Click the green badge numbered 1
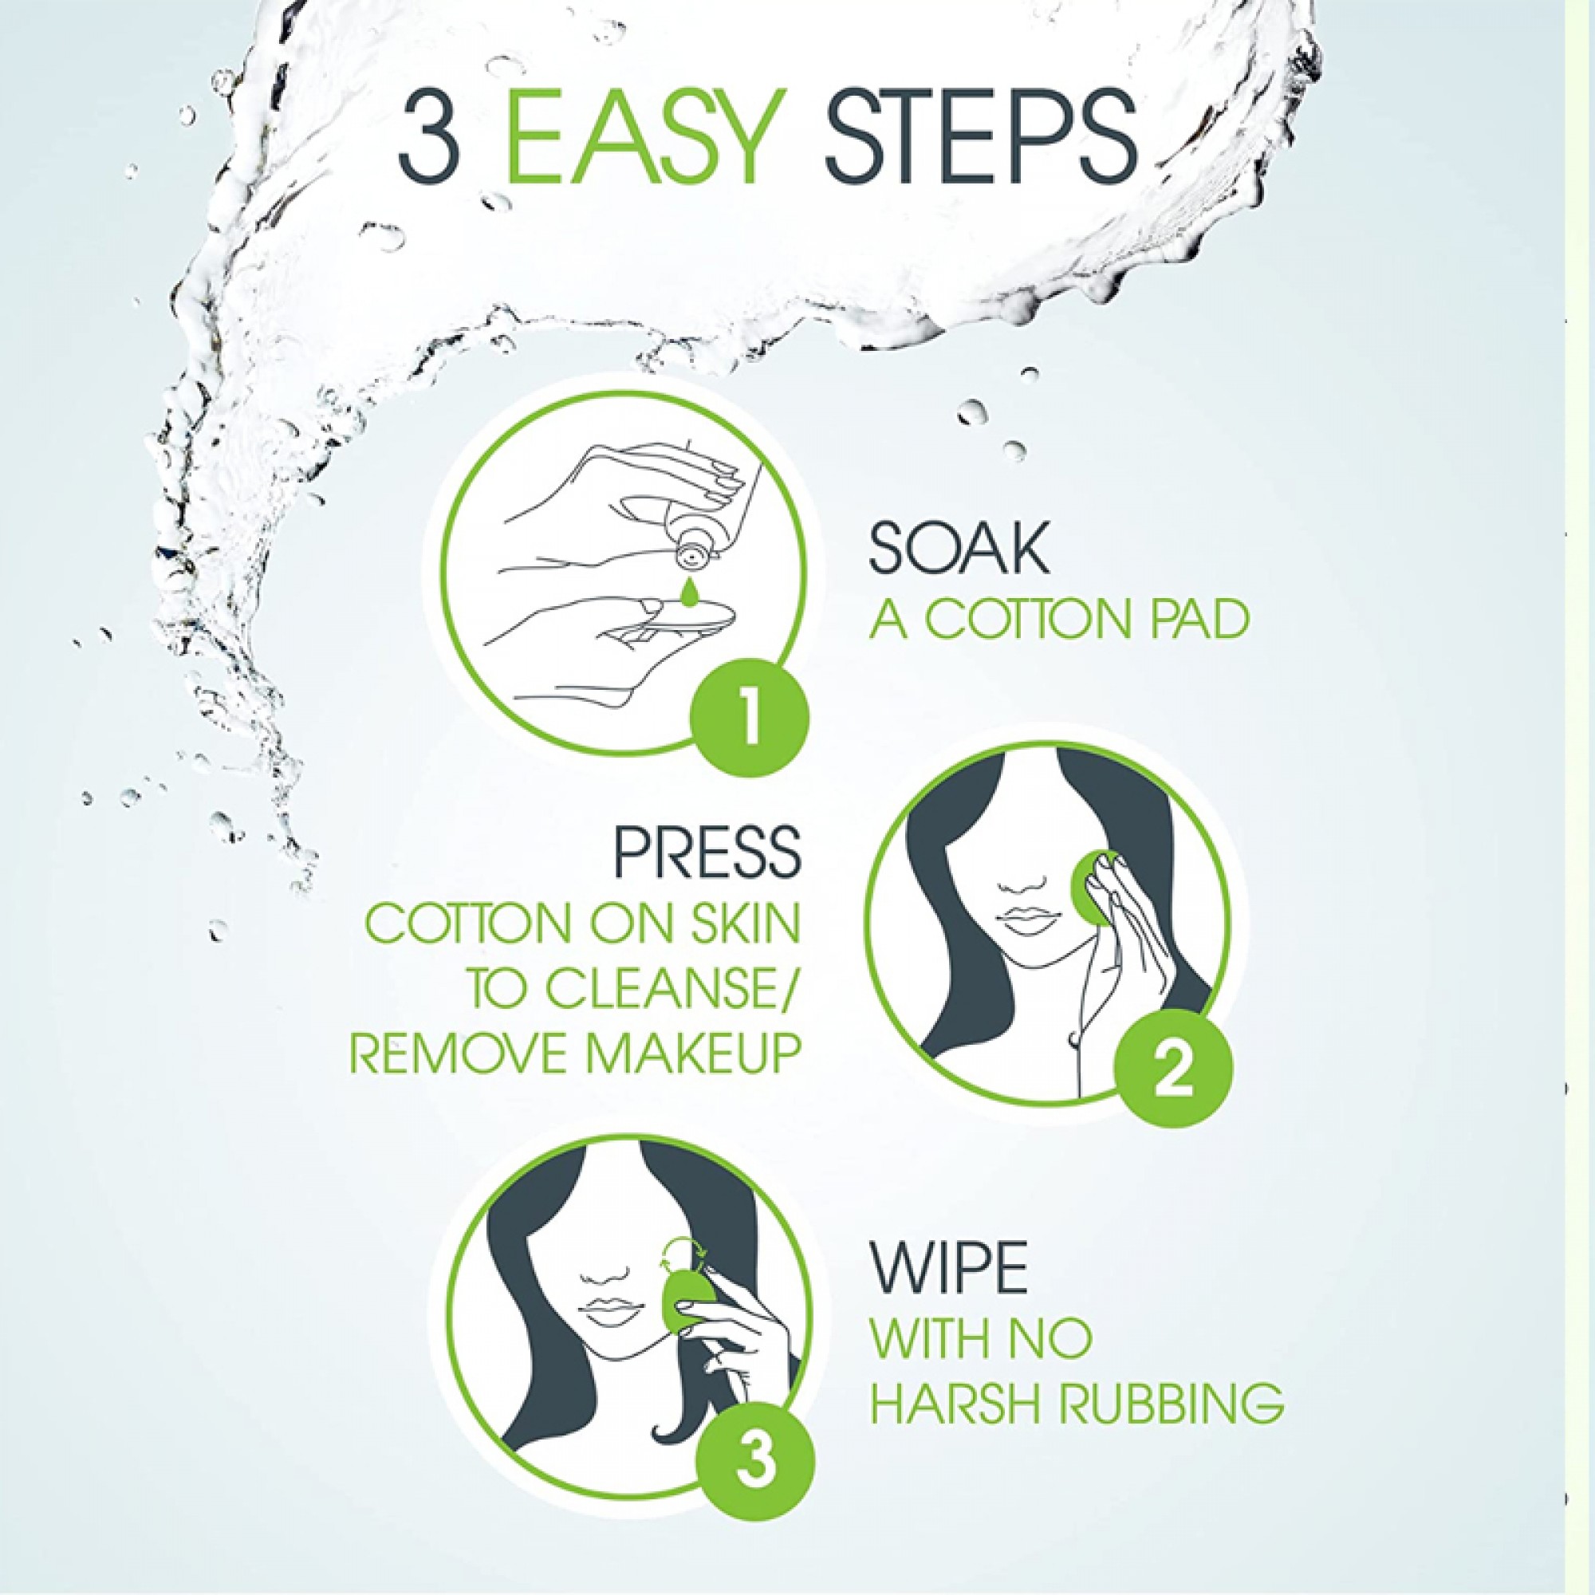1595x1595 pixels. click(x=750, y=706)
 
